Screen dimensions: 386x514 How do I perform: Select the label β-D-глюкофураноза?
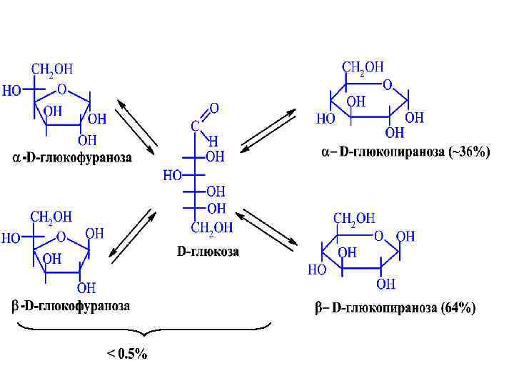click(x=71, y=307)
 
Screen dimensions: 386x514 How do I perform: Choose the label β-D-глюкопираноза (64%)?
click(x=395, y=309)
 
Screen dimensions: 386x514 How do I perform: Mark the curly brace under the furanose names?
click(x=143, y=330)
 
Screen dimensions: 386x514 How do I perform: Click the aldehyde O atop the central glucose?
click(x=214, y=109)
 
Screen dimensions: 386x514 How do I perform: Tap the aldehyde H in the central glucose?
click(x=213, y=142)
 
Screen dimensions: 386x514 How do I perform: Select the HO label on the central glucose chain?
click(x=173, y=174)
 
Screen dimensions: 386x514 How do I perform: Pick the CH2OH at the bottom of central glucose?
click(x=211, y=228)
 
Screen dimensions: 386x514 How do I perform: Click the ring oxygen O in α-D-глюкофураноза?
click(x=62, y=90)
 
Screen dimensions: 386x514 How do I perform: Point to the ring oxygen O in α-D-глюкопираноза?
click(x=387, y=84)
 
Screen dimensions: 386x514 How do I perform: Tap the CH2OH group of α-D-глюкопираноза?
click(x=363, y=67)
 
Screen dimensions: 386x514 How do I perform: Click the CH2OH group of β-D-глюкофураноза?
click(x=51, y=216)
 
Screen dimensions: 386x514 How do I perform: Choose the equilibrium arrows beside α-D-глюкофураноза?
click(x=136, y=127)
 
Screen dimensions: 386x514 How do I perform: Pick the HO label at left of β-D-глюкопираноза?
click(x=317, y=270)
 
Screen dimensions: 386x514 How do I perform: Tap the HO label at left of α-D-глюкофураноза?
click(x=11, y=91)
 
